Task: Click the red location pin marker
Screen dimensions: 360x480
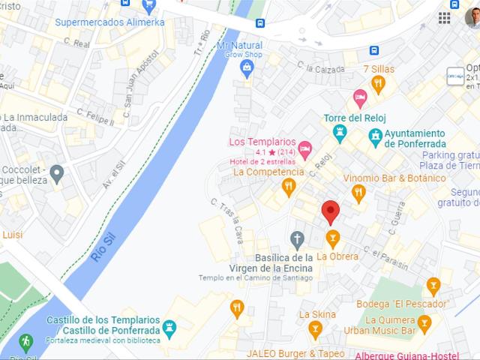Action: coord(330,212)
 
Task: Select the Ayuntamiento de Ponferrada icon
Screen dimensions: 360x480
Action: coord(375,137)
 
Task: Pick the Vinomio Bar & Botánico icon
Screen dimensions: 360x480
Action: coord(358,194)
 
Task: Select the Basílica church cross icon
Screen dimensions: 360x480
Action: coord(298,240)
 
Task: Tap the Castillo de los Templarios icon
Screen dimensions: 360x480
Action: coord(169,327)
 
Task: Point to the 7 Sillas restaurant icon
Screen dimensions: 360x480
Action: coord(379,85)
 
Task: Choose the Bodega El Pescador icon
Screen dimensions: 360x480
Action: coord(433,286)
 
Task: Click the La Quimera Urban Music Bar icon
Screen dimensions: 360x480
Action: coord(424,324)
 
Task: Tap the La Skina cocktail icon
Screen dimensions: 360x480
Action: coord(315,329)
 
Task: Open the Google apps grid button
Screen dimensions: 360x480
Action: coord(445,17)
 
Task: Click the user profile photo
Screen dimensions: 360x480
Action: coord(472,17)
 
